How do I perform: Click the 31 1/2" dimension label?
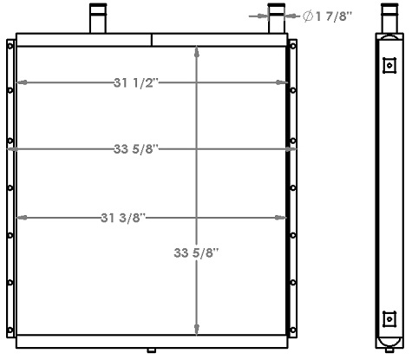[136, 83]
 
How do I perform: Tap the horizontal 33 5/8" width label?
[136, 149]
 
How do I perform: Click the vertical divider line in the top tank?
[153, 40]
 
